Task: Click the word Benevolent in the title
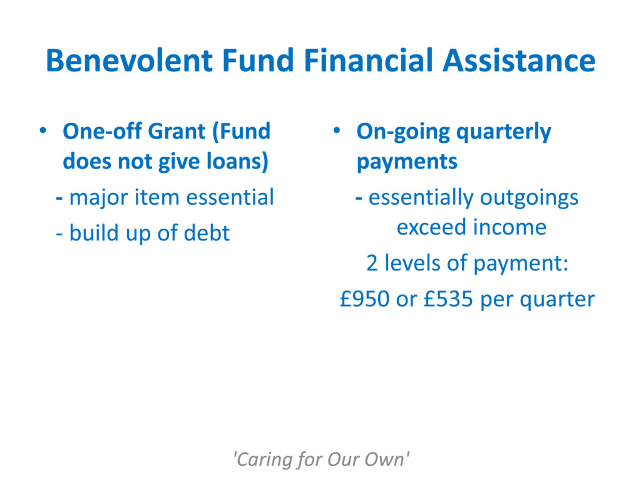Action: click(x=130, y=61)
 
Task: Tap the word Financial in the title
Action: click(x=368, y=61)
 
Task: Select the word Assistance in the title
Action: click(x=519, y=61)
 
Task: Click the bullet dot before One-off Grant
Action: click(x=43, y=131)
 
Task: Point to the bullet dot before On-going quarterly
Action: click(x=337, y=131)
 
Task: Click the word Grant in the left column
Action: click(x=177, y=132)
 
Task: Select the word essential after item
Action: click(x=230, y=197)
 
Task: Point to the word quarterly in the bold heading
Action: click(x=503, y=133)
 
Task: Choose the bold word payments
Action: click(x=407, y=162)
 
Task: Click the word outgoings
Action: click(x=530, y=199)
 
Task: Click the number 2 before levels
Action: click(x=372, y=264)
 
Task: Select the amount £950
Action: click(x=365, y=299)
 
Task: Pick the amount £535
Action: click(x=448, y=299)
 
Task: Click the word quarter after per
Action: click(x=557, y=300)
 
